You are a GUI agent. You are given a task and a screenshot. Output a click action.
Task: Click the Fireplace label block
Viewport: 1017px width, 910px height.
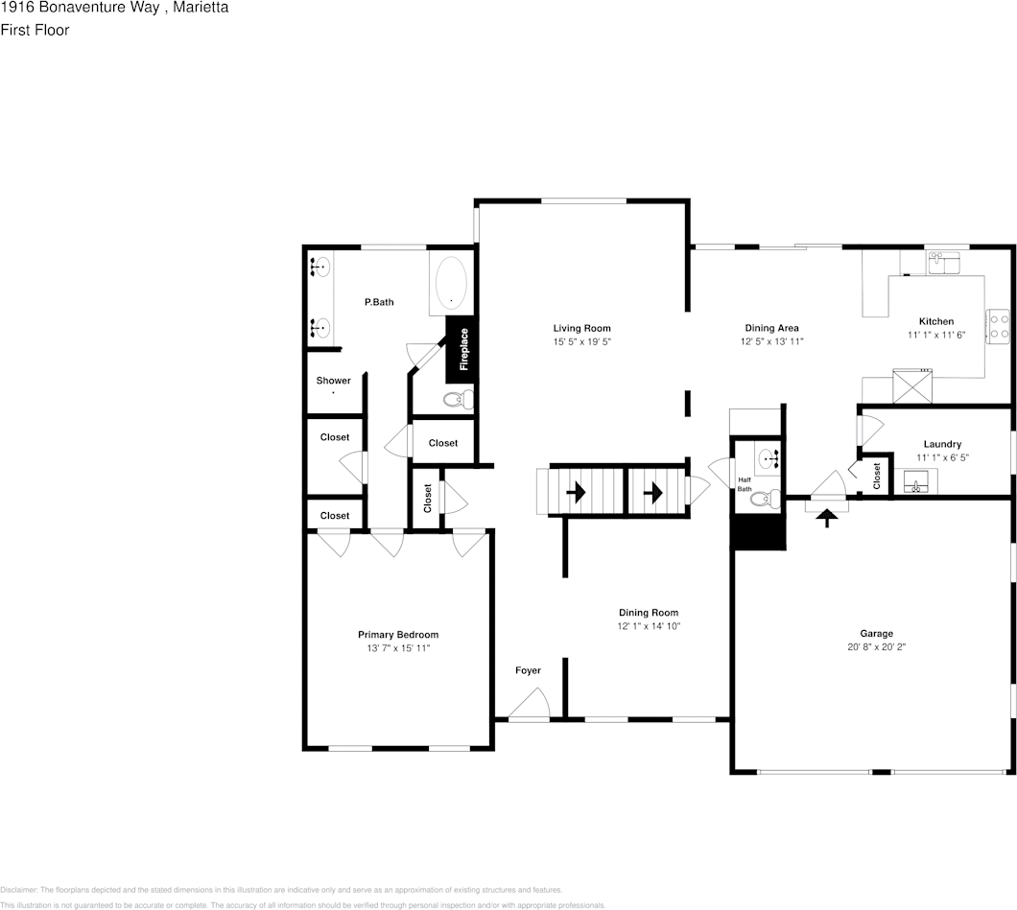(x=461, y=350)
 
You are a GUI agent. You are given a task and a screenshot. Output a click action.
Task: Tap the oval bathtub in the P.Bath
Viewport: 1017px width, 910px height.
(x=452, y=284)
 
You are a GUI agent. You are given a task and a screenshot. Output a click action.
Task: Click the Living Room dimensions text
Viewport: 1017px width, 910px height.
(x=581, y=341)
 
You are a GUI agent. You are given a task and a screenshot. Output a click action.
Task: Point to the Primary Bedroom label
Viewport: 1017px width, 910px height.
(x=397, y=635)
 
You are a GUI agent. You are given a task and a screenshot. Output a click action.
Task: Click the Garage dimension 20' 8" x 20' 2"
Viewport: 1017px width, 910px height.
(x=876, y=646)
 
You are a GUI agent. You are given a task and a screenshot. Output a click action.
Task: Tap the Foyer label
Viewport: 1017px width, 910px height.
(x=528, y=670)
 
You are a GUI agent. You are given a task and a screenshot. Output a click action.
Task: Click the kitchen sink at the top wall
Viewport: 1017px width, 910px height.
(x=944, y=262)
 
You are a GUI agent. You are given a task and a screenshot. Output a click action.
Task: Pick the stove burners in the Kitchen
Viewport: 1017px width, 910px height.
(x=999, y=326)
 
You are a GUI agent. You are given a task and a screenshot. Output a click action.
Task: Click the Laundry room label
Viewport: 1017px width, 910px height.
(x=941, y=444)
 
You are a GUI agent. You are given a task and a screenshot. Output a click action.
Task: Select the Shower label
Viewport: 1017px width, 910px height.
(x=334, y=381)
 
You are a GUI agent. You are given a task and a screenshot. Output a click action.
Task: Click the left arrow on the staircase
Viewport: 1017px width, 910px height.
(x=576, y=493)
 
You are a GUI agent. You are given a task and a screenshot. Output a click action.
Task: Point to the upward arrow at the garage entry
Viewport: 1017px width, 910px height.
(x=826, y=519)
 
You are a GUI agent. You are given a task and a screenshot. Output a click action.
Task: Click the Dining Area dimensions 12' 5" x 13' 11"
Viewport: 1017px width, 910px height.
(x=771, y=341)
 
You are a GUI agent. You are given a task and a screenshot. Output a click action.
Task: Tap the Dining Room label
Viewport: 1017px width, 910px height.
(x=648, y=613)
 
